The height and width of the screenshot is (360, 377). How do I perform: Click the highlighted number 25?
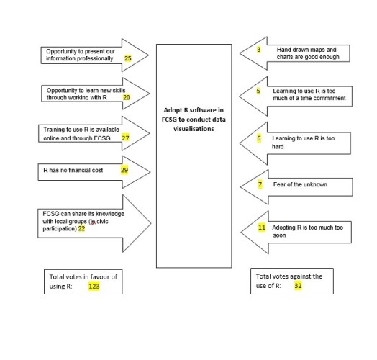point(127,58)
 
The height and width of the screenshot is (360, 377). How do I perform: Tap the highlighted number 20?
point(126,97)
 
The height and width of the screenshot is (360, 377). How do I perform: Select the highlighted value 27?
point(125,138)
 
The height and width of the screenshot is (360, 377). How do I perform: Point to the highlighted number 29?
point(124,170)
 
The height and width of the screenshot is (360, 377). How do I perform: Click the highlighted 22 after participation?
point(81,229)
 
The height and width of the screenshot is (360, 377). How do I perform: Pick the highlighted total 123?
point(94,287)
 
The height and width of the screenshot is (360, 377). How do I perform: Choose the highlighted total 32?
point(298,286)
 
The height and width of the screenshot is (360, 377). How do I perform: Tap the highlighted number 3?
point(259,50)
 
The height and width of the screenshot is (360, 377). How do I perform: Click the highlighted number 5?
point(258,91)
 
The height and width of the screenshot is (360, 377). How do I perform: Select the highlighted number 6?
point(259,138)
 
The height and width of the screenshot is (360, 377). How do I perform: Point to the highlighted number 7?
point(260,184)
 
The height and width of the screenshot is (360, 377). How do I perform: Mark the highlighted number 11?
point(262,228)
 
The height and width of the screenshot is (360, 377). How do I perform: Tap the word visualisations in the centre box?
point(194,129)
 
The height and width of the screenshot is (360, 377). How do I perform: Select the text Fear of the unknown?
point(300,184)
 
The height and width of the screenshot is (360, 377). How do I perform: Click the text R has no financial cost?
point(73,171)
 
